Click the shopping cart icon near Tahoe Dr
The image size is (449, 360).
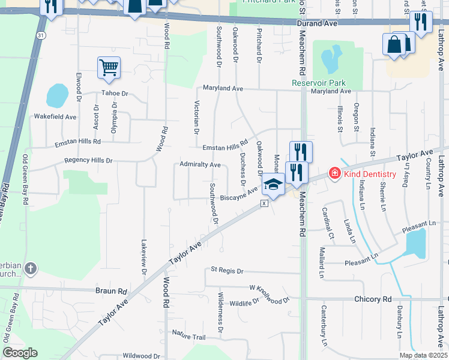tap(109, 67)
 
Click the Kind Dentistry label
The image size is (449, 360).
tap(369, 174)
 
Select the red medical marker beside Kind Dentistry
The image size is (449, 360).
tap(333, 173)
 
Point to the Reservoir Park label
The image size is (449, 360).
tap(319, 83)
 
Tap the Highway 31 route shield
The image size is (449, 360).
tap(40, 36)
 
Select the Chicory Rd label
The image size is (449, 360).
tap(372, 299)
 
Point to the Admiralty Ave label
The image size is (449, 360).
tap(200, 164)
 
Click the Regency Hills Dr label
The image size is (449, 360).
tap(89, 161)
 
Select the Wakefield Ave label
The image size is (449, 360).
tap(55, 116)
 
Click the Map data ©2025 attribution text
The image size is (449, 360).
tap(423, 355)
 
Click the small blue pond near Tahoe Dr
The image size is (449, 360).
tap(58, 95)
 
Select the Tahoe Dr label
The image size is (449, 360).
tap(115, 94)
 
